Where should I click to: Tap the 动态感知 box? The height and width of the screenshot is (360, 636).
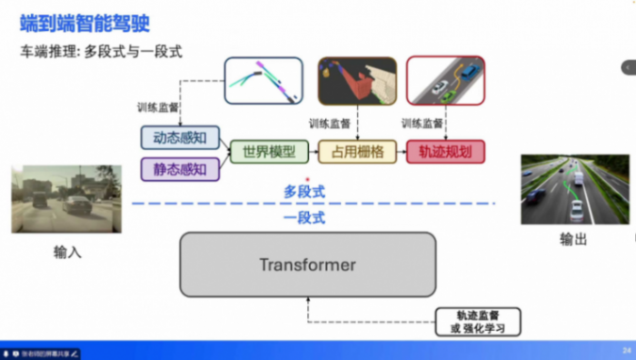(x=180, y=138)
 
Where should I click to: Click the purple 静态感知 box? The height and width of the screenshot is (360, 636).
(x=180, y=168)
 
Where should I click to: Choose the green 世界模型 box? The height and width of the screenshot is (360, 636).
(x=263, y=152)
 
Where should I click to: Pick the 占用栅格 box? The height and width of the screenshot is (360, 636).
(x=357, y=152)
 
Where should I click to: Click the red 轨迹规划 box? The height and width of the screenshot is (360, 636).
(x=446, y=152)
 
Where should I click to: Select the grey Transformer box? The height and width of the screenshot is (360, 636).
(x=308, y=265)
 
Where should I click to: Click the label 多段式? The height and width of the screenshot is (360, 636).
(x=304, y=192)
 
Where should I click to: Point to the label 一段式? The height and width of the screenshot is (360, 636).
(x=304, y=218)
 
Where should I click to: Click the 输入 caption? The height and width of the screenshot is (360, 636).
(x=67, y=252)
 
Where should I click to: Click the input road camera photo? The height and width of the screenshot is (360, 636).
(x=65, y=198)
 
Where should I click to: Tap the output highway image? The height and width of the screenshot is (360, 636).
(x=574, y=189)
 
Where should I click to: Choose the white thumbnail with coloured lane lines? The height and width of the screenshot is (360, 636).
(x=263, y=82)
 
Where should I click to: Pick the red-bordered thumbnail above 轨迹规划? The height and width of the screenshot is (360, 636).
(x=445, y=82)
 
